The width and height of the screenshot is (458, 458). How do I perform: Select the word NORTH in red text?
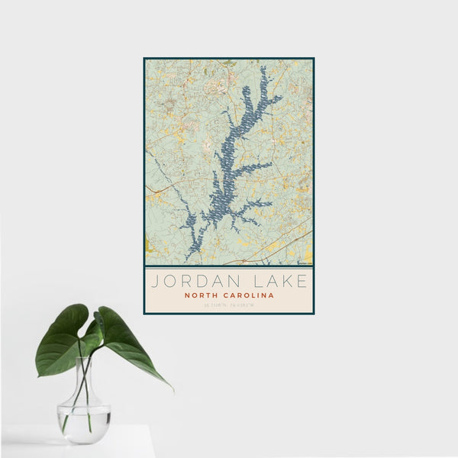202,295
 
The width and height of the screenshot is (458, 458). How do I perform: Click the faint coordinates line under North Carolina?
229,305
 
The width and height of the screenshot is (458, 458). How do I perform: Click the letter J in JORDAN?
154,281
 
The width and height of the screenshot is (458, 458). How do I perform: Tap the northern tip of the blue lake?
263,68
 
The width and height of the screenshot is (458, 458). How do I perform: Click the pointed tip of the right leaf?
173,390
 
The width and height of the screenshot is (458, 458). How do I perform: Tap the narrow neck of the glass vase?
85,374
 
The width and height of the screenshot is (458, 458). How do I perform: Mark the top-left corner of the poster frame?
144,58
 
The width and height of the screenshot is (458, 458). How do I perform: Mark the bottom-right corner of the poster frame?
314,314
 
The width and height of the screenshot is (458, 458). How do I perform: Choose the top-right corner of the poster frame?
314,58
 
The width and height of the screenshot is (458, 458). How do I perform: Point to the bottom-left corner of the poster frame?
144,314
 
